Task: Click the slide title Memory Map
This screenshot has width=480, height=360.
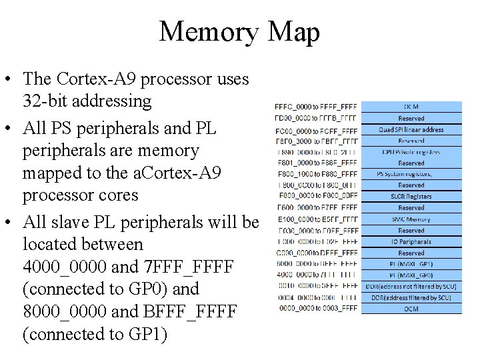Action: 239,32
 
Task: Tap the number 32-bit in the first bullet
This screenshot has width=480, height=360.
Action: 47,102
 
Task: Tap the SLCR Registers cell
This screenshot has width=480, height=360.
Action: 411,197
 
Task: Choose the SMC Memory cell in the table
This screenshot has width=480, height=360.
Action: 411,219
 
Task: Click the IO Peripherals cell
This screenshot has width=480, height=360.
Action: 411,242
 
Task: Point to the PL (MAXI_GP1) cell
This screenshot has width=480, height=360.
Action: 411,265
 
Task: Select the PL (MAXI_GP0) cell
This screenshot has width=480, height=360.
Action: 411,275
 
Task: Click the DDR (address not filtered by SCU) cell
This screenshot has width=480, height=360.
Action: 411,287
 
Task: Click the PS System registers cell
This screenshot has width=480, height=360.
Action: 411,174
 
